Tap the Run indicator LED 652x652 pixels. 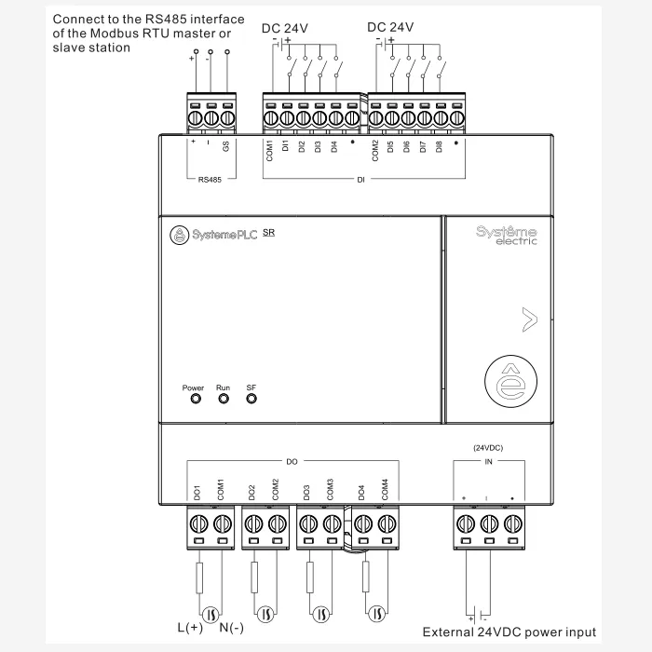[224, 399]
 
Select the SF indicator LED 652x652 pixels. [251, 399]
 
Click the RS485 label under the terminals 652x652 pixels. [210, 180]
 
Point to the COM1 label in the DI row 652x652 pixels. [269, 151]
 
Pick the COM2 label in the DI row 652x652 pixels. [375, 151]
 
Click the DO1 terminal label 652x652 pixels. [197, 491]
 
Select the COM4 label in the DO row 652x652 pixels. [385, 488]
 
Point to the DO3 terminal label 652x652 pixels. [306, 491]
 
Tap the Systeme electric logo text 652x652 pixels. [506, 234]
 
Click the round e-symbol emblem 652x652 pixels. [509, 384]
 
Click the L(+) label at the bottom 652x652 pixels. [189, 627]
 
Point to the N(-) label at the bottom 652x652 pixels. [231, 627]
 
